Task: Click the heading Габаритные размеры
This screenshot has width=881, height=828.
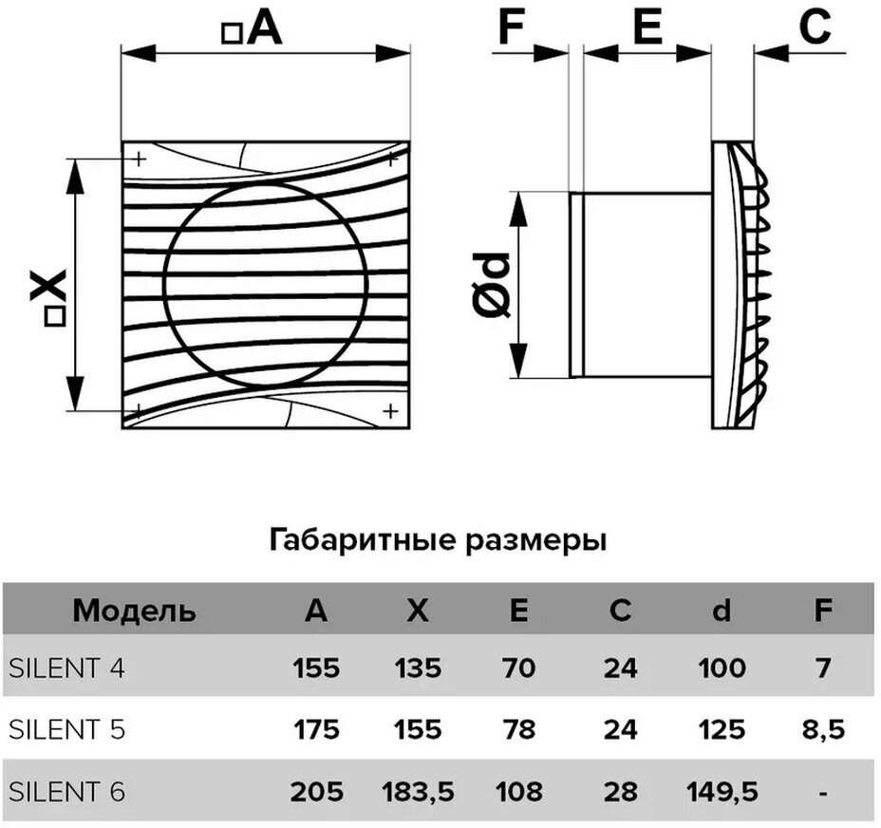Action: tap(439, 541)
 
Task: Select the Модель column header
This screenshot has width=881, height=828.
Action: tap(135, 611)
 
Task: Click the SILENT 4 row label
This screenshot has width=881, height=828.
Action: tap(66, 668)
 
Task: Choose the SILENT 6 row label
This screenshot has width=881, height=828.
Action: tap(66, 790)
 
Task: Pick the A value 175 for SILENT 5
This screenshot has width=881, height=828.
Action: tap(315, 729)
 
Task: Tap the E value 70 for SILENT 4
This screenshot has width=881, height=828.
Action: tap(518, 668)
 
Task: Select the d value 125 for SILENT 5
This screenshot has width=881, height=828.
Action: tap(722, 729)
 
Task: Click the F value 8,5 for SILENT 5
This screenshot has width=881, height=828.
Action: tap(822, 729)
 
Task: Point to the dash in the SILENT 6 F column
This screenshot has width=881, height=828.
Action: tap(822, 790)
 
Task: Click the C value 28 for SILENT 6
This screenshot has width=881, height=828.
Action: tap(620, 790)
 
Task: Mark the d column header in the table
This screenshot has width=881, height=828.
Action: tap(722, 611)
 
